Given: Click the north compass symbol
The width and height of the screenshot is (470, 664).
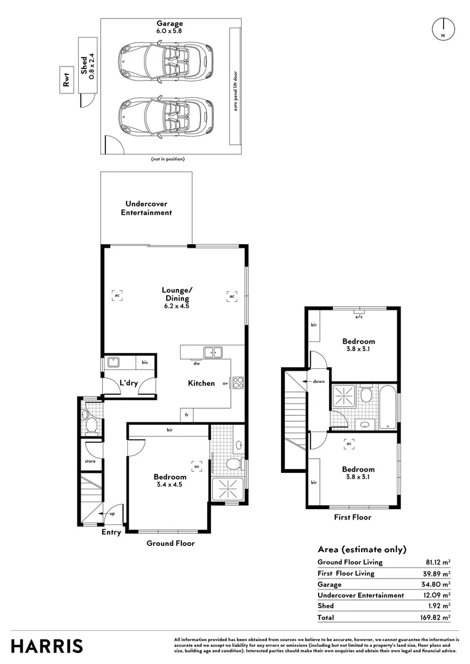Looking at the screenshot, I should pos(443,30).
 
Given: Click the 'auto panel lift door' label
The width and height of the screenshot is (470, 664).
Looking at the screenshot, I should pos(234,87).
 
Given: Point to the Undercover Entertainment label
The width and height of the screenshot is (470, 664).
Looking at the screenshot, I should pos(146,208).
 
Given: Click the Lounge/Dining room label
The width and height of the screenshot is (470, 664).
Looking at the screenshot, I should pos(177,293).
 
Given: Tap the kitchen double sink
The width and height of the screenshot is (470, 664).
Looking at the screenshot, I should pos(213,352).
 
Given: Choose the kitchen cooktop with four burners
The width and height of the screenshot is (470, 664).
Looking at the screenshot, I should pos(238,383).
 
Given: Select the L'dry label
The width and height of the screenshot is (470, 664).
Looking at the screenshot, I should pos(129,383).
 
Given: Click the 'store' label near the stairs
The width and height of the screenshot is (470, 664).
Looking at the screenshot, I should pos(90,460).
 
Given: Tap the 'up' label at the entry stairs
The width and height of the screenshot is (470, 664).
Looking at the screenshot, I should pos(111,513).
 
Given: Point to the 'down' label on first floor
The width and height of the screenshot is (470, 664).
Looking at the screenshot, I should pos(319,382).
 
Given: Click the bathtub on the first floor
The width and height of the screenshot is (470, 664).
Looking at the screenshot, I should pos(388,406).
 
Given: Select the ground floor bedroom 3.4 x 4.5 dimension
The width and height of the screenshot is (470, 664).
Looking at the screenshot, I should pos(170,484).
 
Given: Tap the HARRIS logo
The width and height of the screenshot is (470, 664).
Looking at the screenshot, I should pos(47,646).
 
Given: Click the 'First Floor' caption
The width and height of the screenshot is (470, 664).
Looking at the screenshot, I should pos(352,517).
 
